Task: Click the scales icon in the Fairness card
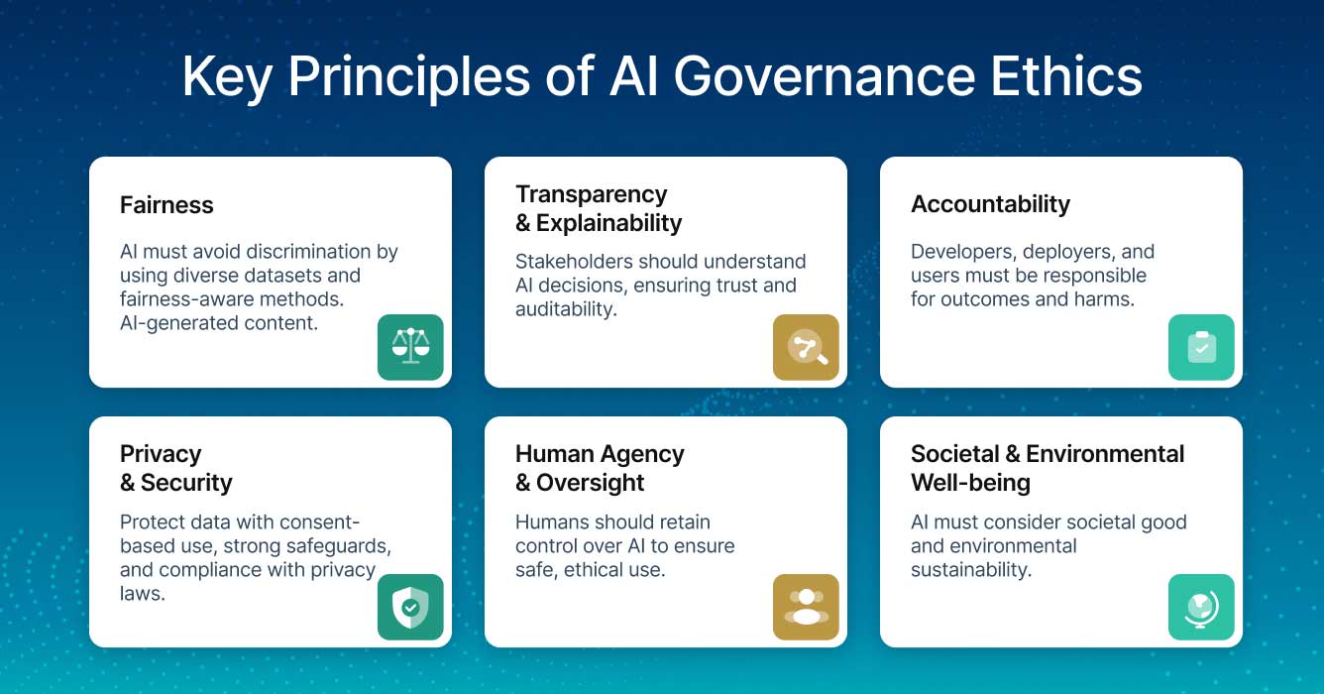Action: click(410, 347)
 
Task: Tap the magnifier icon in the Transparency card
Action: click(806, 347)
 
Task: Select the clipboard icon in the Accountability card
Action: click(1201, 347)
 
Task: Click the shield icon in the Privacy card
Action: click(410, 607)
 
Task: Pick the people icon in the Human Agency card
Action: click(806, 607)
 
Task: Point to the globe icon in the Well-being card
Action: click(1201, 607)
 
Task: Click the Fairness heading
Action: click(166, 205)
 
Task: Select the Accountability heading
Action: click(990, 204)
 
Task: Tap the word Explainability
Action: click(608, 223)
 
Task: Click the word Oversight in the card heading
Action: click(591, 483)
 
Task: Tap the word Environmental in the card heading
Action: click(1105, 454)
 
